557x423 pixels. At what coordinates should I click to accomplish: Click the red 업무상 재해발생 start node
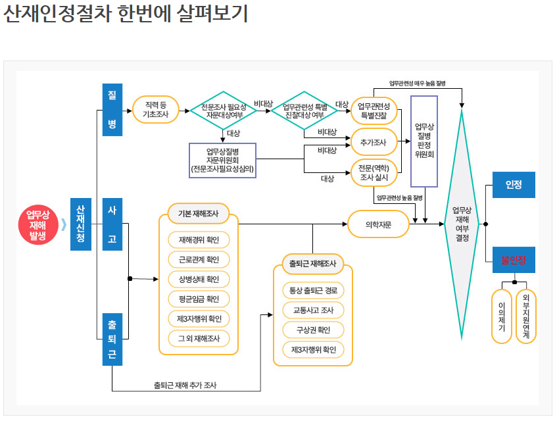tap(37, 224)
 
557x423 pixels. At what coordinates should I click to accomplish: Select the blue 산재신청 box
tap(80, 224)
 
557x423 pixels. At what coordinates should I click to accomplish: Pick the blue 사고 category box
tap(112, 224)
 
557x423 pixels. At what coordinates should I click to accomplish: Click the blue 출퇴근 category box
tap(112, 339)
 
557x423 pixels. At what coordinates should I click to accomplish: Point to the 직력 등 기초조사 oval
tap(156, 110)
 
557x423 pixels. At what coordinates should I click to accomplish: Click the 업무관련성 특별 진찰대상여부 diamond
tap(304, 110)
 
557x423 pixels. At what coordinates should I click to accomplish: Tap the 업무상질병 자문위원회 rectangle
tap(222, 161)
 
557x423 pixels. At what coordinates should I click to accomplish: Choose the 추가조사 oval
tap(374, 141)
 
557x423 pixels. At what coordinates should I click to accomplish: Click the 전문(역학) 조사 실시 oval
tap(374, 173)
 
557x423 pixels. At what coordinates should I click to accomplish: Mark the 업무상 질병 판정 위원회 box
tap(424, 141)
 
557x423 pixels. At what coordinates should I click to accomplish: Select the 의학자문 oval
tap(378, 224)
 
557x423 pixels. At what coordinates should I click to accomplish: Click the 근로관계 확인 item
tap(199, 259)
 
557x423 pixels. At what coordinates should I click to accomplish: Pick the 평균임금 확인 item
tap(199, 299)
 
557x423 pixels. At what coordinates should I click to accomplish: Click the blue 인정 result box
tap(514, 185)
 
